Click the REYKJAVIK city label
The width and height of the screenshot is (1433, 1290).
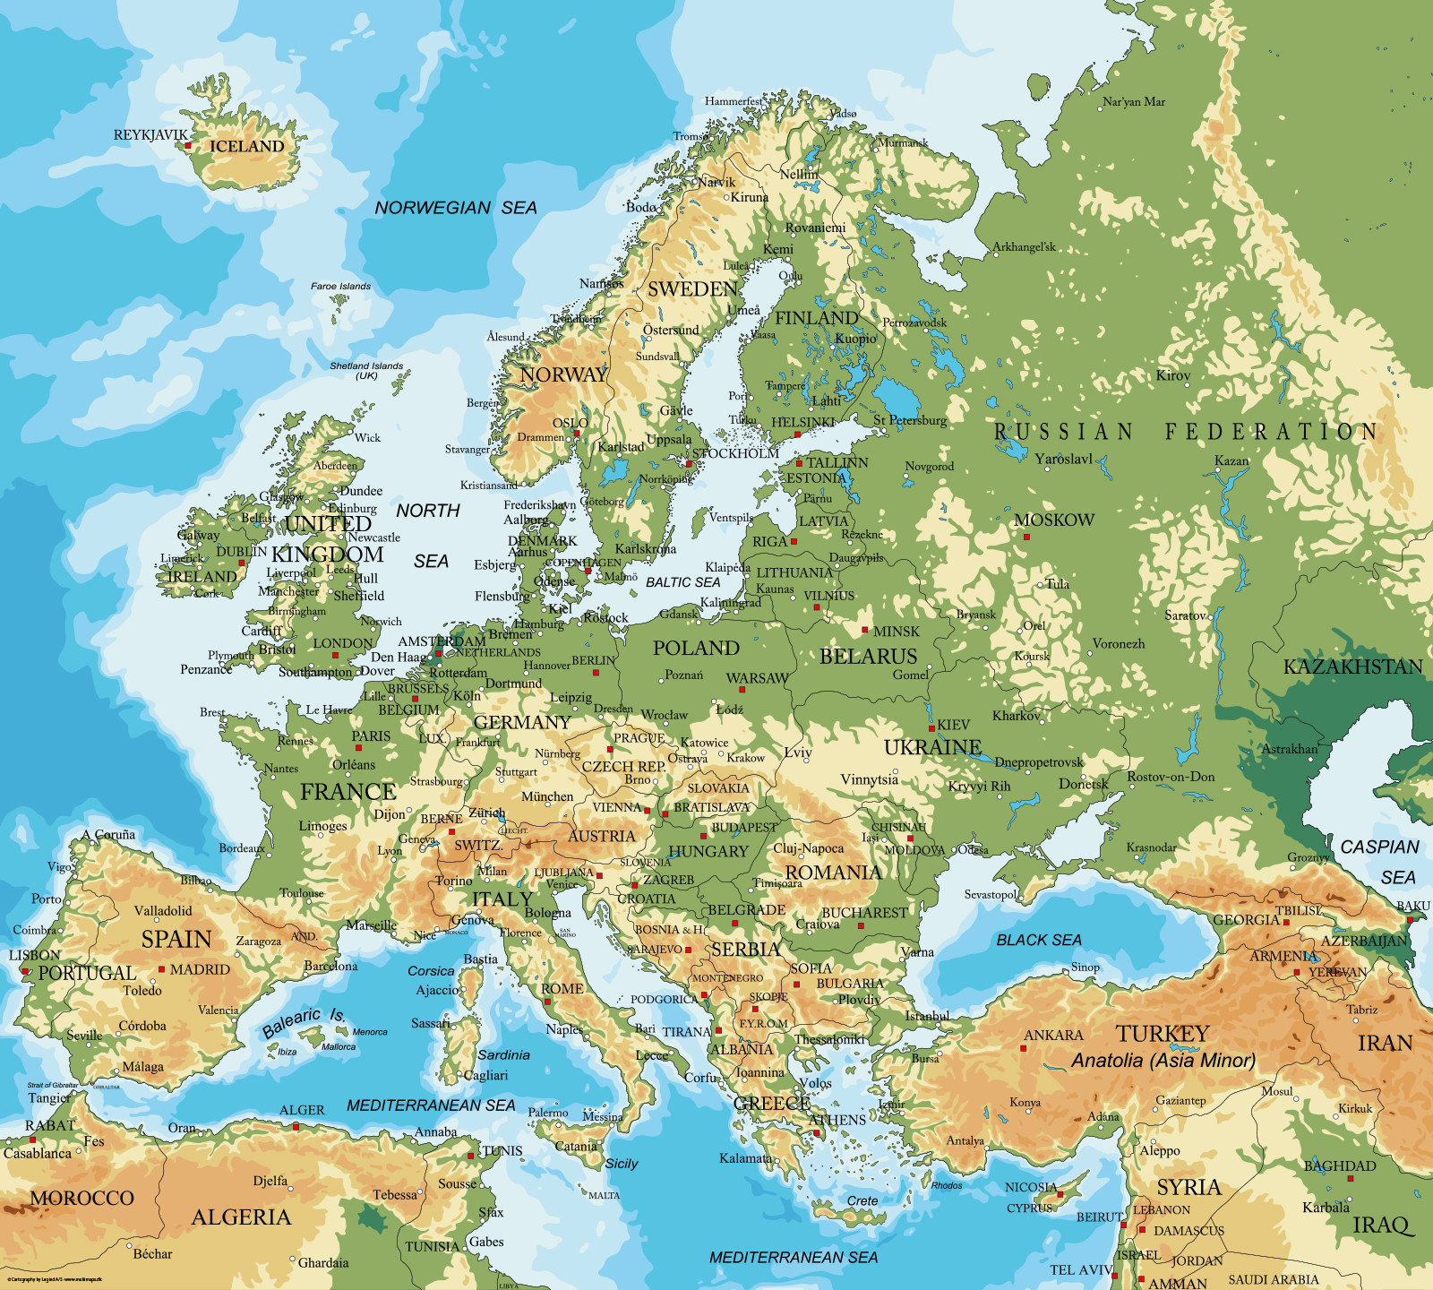[x=150, y=135]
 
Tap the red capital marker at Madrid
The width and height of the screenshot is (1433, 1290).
[x=162, y=969]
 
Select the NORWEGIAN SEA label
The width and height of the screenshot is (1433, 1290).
[x=455, y=208]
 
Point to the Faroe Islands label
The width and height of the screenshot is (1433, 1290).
[x=340, y=287]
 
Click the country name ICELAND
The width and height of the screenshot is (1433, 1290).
[x=246, y=146]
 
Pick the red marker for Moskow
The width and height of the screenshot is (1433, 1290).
[x=1026, y=537]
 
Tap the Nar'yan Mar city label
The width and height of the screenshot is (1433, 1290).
[x=1134, y=102]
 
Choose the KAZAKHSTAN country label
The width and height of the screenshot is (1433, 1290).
[x=1352, y=667]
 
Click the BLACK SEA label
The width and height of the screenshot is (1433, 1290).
[x=1039, y=940]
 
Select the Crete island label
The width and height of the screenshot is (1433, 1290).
[x=862, y=1201]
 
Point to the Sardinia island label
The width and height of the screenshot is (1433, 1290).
[x=503, y=1055]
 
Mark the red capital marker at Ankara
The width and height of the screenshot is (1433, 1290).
[x=1024, y=1048]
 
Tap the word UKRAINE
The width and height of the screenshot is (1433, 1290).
[x=932, y=747]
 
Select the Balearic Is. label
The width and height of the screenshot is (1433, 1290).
[x=304, y=1022]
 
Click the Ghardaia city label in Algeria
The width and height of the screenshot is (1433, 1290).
[x=323, y=1263]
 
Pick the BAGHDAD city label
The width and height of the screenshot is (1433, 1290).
[x=1340, y=1166]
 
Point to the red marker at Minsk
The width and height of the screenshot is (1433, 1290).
[x=865, y=631]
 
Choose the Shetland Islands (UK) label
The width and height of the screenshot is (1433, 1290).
[x=366, y=370]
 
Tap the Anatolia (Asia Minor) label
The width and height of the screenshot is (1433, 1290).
[x=1163, y=1061]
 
